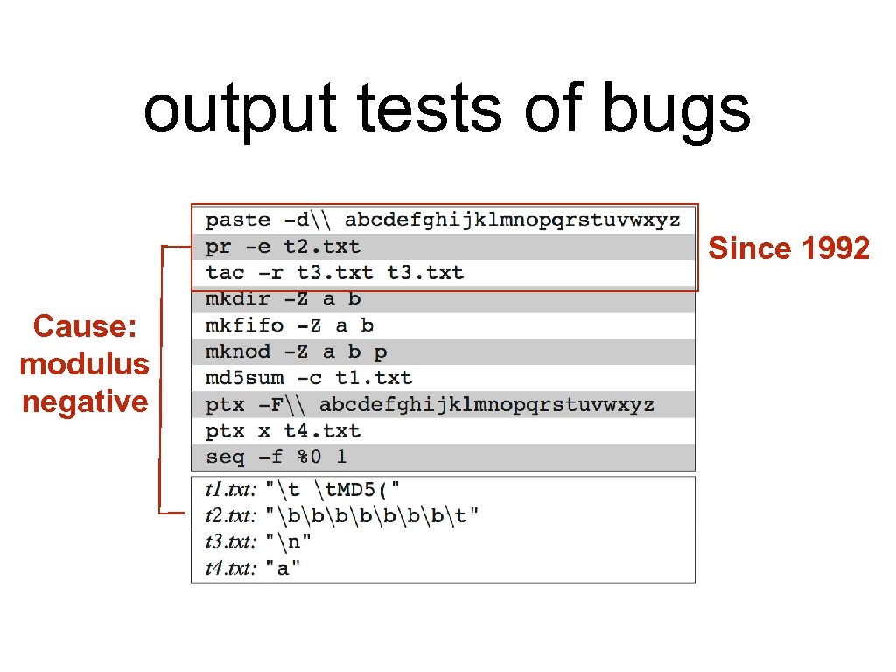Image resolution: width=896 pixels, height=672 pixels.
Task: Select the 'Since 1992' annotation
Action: click(x=788, y=249)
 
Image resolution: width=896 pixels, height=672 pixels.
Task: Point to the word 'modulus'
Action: click(x=85, y=364)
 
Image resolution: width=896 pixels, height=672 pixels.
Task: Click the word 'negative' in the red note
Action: click(x=85, y=402)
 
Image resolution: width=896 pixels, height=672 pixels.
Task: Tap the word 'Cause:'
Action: click(x=85, y=326)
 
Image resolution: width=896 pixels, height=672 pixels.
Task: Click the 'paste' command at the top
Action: click(x=238, y=220)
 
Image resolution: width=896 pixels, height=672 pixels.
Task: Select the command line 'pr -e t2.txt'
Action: click(x=283, y=247)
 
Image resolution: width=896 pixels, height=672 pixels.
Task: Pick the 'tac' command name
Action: click(x=225, y=273)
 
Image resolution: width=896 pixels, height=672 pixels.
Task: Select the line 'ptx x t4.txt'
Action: click(x=283, y=430)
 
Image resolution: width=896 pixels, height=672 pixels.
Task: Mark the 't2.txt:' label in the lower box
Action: click(x=231, y=514)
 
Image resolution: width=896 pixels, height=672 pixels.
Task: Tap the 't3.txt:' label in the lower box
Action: click(x=231, y=542)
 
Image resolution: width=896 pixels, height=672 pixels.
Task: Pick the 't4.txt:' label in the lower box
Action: click(x=231, y=569)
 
